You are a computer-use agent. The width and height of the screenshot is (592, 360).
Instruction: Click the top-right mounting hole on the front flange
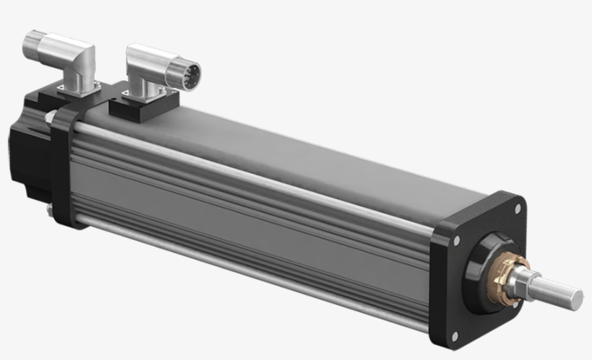click(517, 209)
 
